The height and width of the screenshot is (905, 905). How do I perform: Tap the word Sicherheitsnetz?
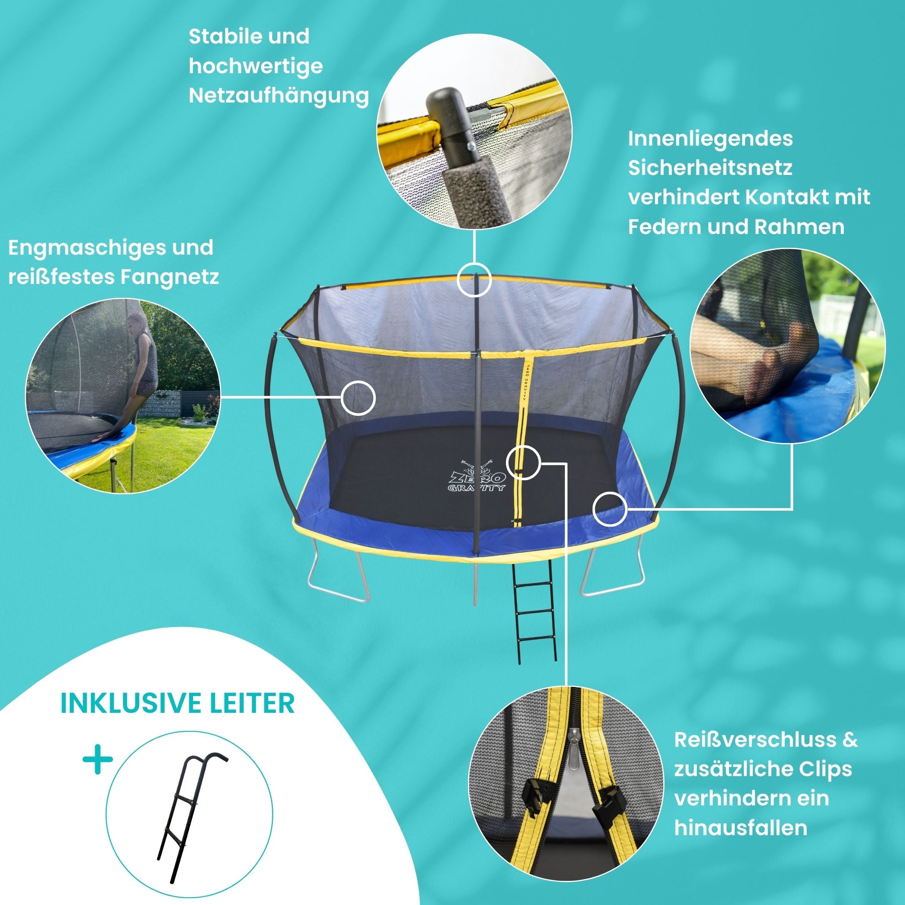click(x=710, y=168)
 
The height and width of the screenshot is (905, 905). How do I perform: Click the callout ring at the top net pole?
click(x=474, y=280)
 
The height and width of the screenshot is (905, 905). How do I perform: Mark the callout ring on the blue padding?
click(x=610, y=509)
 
